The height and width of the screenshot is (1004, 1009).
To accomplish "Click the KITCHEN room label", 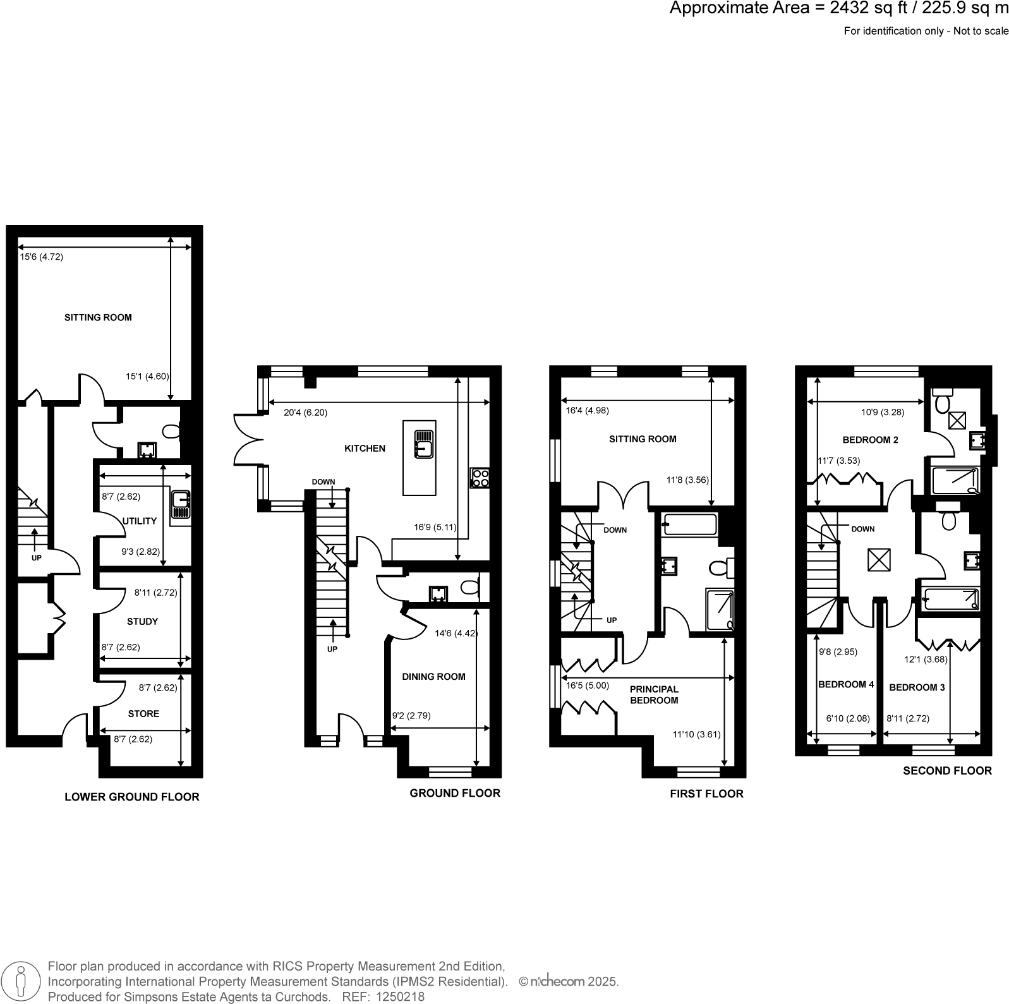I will (x=365, y=449).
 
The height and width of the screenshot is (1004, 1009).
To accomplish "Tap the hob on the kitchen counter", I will (x=480, y=478).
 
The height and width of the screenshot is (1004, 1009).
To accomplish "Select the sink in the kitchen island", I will (x=423, y=444).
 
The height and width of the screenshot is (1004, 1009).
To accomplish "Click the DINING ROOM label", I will (x=433, y=677).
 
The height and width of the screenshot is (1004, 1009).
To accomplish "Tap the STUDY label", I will (x=142, y=622).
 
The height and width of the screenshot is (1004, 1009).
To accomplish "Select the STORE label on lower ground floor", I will (x=143, y=714).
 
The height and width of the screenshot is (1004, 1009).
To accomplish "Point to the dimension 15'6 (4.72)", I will (x=41, y=257).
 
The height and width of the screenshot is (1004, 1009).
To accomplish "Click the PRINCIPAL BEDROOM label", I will (x=654, y=695).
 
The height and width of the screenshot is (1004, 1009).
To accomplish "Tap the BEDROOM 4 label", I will (x=846, y=685).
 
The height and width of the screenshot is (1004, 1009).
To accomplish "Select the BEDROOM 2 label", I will (x=870, y=440).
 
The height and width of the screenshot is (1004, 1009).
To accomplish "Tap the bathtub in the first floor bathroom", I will (x=689, y=525).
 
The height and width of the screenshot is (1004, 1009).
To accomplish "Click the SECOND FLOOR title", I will (x=946, y=771).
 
